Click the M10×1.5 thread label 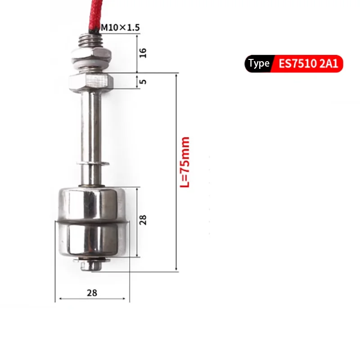pos(120,27)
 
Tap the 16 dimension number pos(143,53)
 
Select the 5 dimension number pos(143,81)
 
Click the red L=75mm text pos(185,162)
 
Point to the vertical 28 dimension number pos(143,220)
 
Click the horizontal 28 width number pos(92,293)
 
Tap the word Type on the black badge pos(259,63)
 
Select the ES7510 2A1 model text pos(308,63)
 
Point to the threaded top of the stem pos(90,41)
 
